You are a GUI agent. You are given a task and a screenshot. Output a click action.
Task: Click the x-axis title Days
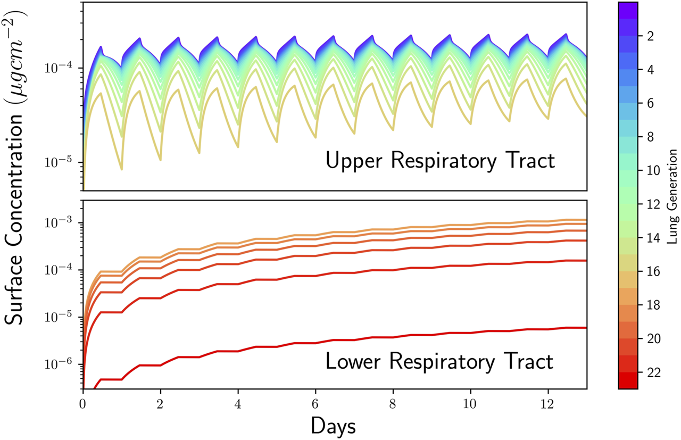(x=334, y=426)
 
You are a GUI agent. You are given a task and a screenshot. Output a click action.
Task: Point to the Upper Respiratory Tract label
(x=440, y=160)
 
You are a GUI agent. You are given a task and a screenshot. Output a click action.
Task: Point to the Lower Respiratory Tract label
(x=439, y=362)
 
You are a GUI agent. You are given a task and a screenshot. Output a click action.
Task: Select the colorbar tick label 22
(x=654, y=372)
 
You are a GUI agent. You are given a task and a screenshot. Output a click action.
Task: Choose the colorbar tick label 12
(x=654, y=204)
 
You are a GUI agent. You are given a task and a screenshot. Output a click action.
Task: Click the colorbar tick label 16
(x=654, y=271)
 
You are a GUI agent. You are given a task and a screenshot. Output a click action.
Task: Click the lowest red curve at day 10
(x=470, y=333)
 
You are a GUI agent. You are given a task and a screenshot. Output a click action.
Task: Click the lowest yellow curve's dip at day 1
(x=122, y=169)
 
